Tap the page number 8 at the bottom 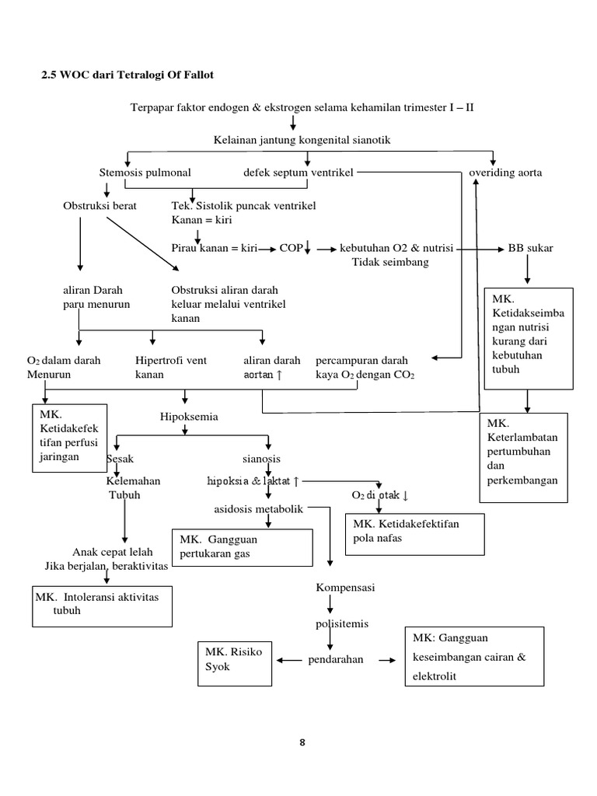coord(302,742)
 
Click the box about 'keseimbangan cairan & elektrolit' coord(474,657)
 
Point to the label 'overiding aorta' coord(505,173)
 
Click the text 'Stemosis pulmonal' coord(145,173)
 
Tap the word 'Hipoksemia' coord(189,417)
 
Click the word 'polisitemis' coord(341,623)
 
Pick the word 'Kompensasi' coord(345,588)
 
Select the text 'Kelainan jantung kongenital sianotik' coord(302,139)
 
